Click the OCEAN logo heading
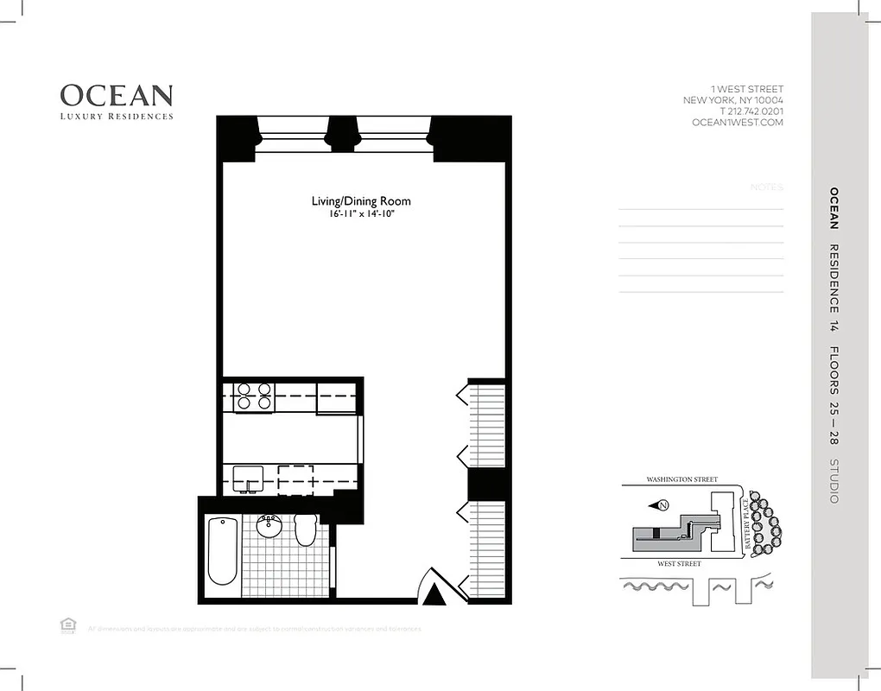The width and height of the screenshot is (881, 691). [x=116, y=95]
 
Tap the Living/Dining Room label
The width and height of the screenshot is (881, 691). [x=361, y=201]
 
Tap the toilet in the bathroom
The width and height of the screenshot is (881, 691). [x=305, y=529]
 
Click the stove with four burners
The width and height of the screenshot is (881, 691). [x=254, y=396]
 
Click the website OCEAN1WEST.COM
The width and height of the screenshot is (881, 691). [x=738, y=123]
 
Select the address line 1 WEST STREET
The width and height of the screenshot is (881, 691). [x=747, y=89]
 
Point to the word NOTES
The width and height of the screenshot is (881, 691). [x=766, y=187]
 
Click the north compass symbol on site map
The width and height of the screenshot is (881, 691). [x=662, y=506]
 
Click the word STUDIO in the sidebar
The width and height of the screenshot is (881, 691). [x=834, y=480]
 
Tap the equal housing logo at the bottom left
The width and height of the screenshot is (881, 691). [x=67, y=625]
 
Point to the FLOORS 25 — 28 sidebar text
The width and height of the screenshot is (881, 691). [x=834, y=397]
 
